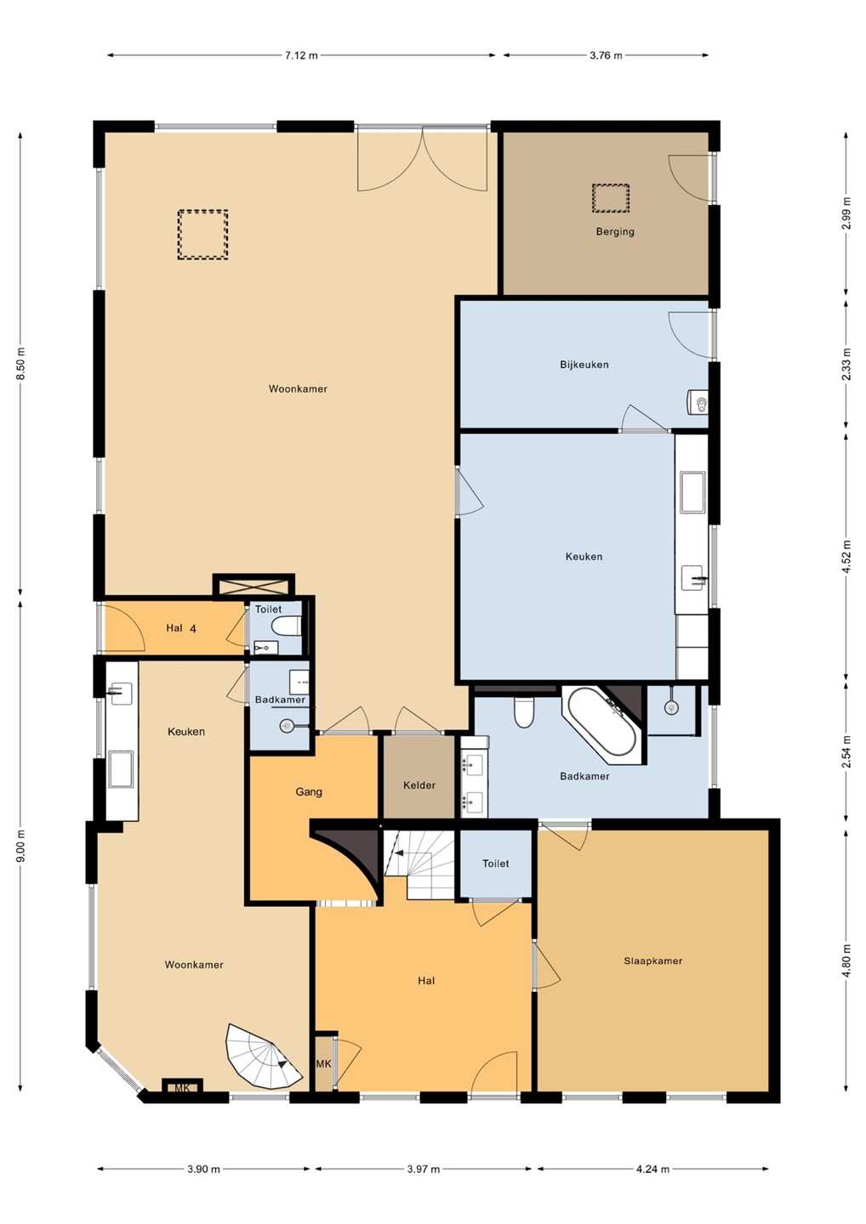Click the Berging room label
coord(615,232)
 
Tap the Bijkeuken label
coord(584,365)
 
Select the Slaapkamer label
coord(652,961)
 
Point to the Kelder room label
coord(419,785)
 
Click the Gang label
coord(308,792)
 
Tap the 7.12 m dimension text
coord(300,55)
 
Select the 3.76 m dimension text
coord(606,55)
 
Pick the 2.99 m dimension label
coord(846,212)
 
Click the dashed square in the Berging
coord(611,198)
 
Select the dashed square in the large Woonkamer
coord(202,235)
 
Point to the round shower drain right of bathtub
coord(671,707)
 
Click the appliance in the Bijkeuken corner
coord(697,401)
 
